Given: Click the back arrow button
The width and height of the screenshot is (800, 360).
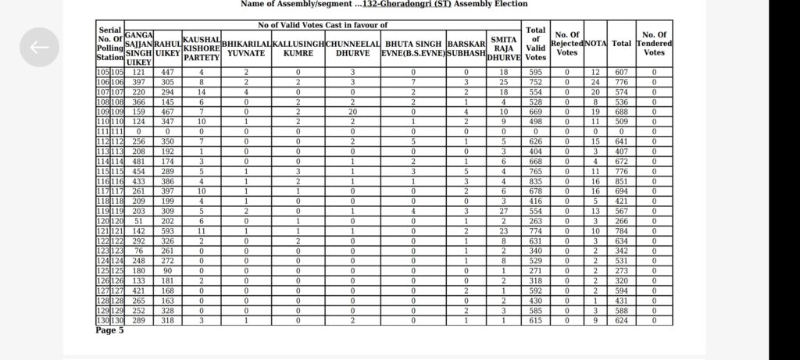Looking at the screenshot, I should coord(39,47).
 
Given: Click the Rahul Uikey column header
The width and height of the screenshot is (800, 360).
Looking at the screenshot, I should coord(167,48).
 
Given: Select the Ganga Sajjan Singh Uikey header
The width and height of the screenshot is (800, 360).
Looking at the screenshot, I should coord(138,48).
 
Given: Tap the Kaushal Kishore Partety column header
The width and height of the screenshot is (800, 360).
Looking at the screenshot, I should coord(201,48).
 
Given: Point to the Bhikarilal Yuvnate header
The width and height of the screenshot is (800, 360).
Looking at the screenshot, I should coord(246,48).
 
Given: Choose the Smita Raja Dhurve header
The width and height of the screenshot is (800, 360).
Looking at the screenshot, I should coord(504,48).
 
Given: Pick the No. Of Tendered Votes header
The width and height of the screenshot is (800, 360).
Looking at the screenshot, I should coord(654,42).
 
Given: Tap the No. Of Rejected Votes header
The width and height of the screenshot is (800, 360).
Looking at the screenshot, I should coord(566,42).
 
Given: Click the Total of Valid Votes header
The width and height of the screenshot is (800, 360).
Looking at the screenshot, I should coord(536,42).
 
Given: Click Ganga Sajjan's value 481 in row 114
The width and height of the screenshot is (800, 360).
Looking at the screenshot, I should coord(138,161).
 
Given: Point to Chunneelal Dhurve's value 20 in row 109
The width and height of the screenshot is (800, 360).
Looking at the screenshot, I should coord(352,112).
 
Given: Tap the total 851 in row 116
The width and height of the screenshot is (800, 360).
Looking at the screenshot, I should coord(621,181).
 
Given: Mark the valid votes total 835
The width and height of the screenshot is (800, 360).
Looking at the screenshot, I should coord(536,181).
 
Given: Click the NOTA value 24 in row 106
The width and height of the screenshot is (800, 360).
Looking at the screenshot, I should coord(595,82).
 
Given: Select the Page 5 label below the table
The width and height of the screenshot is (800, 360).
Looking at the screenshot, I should coord(109,331).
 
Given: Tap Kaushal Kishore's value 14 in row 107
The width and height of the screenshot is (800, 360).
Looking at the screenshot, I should coord(201,92).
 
